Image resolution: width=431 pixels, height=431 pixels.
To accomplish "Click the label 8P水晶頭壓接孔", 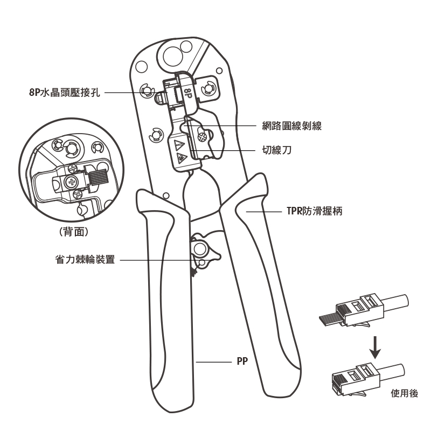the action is (x=65, y=92).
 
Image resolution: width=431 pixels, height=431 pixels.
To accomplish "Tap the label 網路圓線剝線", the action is (x=291, y=126).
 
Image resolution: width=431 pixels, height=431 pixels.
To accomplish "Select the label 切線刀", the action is (x=276, y=150).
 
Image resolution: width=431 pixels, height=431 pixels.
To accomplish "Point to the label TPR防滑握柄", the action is (x=315, y=211).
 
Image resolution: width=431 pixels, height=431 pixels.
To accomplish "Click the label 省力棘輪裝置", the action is (x=85, y=260).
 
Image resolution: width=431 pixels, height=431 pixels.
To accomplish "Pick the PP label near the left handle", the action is (x=242, y=361).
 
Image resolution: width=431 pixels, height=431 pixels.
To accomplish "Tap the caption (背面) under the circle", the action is (x=74, y=232).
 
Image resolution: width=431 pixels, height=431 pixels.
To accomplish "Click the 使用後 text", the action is (x=405, y=393).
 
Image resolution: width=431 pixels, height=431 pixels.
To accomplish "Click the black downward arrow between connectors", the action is (x=375, y=347).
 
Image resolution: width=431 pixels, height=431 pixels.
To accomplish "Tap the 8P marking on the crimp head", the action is (x=187, y=94).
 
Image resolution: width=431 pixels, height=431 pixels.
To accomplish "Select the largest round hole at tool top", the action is (x=173, y=57).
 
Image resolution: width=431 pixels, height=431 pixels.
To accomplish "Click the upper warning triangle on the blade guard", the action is (x=178, y=144).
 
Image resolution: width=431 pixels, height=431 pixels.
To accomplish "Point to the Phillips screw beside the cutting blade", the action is (x=203, y=137).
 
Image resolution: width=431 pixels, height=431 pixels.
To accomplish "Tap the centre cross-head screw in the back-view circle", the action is (x=72, y=182).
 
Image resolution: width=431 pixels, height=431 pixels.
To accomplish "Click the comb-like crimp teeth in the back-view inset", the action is (x=98, y=177).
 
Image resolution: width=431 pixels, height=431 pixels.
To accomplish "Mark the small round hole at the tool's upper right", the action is (x=219, y=71).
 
